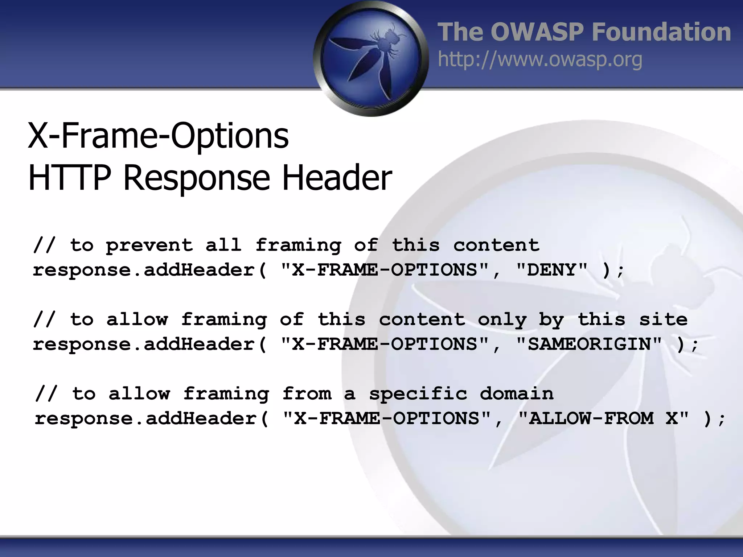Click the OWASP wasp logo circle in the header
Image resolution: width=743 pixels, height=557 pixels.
[x=371, y=58]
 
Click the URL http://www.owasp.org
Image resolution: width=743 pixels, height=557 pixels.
[x=540, y=59]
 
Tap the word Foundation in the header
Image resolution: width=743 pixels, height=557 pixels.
[x=661, y=32]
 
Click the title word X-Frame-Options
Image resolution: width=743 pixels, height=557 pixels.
[x=158, y=136]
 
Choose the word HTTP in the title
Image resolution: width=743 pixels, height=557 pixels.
[x=69, y=178]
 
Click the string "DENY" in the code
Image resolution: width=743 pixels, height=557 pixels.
[x=551, y=270]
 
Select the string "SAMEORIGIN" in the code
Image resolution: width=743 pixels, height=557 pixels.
[x=588, y=344]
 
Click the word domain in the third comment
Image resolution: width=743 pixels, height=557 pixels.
[x=517, y=394]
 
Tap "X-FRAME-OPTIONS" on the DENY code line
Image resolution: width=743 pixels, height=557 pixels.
[x=385, y=270]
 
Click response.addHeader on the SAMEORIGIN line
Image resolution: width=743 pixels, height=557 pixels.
[x=144, y=344]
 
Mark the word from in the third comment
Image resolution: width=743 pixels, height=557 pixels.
[x=307, y=394]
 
